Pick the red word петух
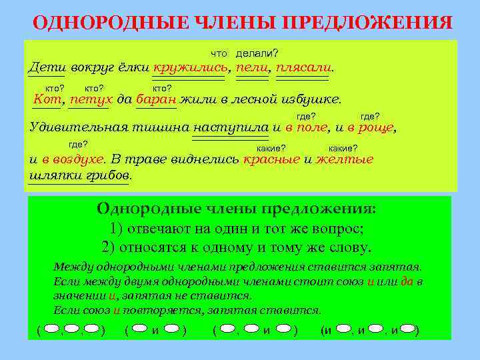tap(90, 99)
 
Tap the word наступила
tap(231, 127)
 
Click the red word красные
tap(271, 159)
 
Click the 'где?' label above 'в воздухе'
tap(79, 144)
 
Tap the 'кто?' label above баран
tap(163, 87)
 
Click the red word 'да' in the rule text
tap(407, 281)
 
